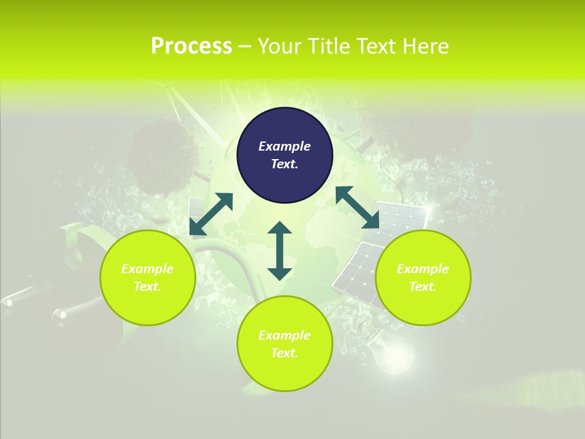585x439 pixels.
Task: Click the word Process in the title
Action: pyautogui.click(x=191, y=46)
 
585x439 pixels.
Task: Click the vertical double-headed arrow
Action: pyautogui.click(x=280, y=251)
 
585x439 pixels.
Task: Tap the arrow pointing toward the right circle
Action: pyautogui.click(x=357, y=207)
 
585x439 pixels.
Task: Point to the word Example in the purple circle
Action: pyautogui.click(x=285, y=146)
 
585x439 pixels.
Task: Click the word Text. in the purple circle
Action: pyautogui.click(x=285, y=165)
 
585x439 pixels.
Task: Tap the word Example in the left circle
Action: pyautogui.click(x=147, y=269)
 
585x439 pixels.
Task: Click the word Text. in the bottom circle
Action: pyautogui.click(x=285, y=354)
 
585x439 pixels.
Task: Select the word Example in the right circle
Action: pyautogui.click(x=423, y=269)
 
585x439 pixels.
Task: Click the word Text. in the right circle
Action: pyautogui.click(x=423, y=287)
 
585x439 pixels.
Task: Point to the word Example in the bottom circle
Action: pyautogui.click(x=285, y=335)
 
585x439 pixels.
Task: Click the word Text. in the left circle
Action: pyautogui.click(x=147, y=287)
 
